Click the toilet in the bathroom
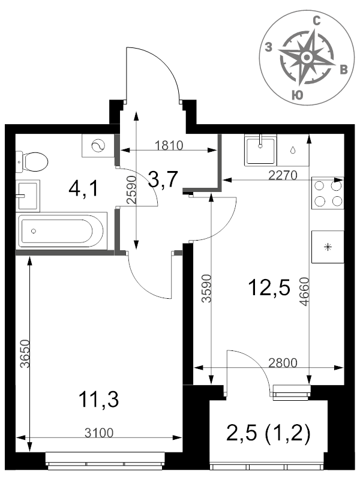pos(32,161)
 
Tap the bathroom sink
pos(28,196)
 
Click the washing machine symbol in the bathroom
pos(98,145)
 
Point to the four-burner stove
pos(328,193)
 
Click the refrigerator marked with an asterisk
pos(328,247)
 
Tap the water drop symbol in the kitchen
pos(293,150)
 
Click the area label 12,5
pos(269,288)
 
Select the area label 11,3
pos(98,400)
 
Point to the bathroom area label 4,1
pos(83,189)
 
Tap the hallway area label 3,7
pos(163,179)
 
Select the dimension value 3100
pos(99,433)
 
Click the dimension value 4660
pos(305,291)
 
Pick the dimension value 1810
pos(169,145)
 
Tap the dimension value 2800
pos(283,363)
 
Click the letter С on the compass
pos(317,21)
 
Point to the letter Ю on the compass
pos(296,95)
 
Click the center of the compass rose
pos(307,57)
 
